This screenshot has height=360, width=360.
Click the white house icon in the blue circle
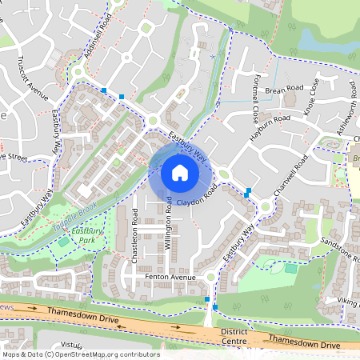coord(180,172)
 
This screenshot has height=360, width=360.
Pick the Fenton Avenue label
coord(170,277)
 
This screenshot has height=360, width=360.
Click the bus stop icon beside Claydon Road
coord(250,192)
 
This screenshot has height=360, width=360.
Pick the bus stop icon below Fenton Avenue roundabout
coord(207,299)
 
